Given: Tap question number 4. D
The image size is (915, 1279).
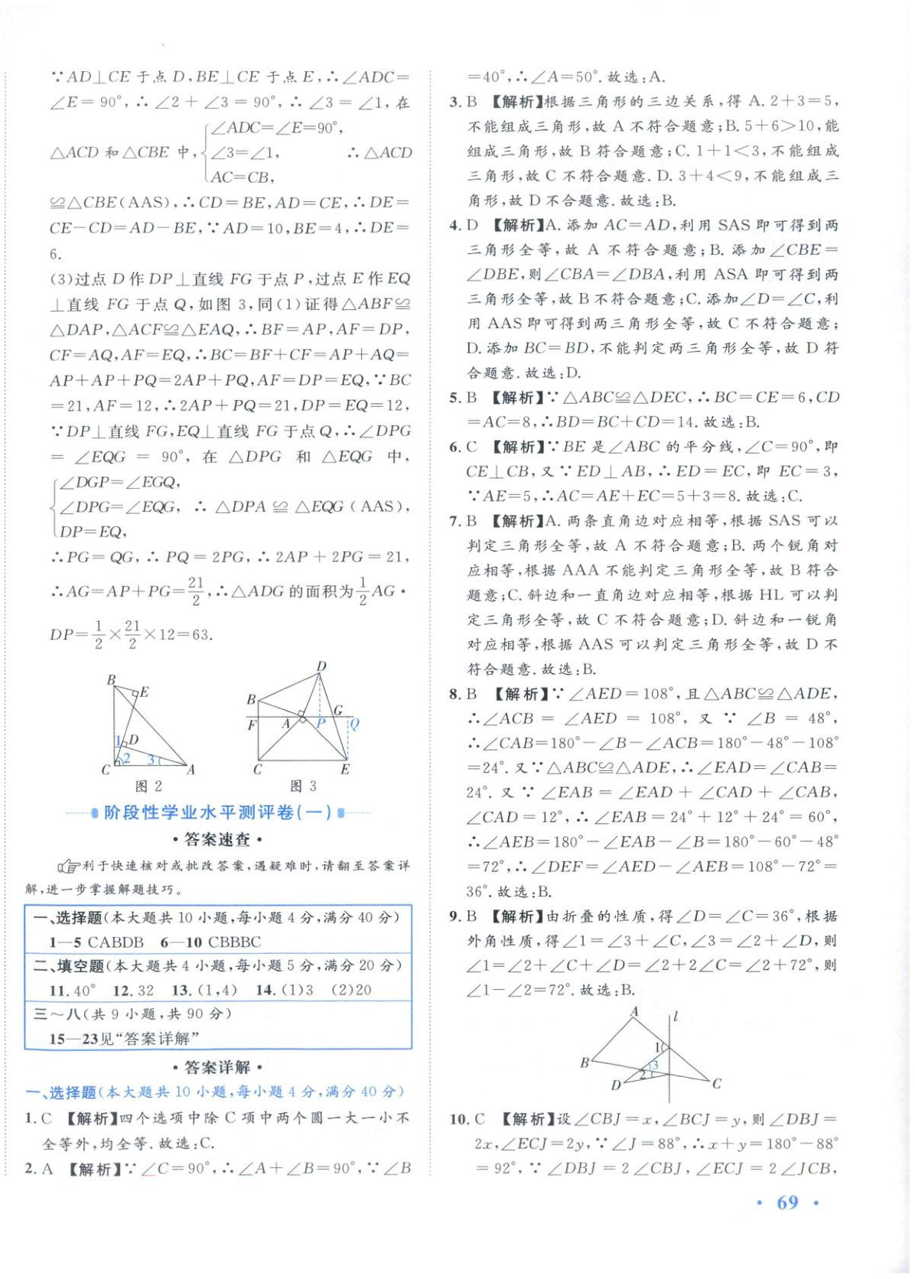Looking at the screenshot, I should click(464, 226).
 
